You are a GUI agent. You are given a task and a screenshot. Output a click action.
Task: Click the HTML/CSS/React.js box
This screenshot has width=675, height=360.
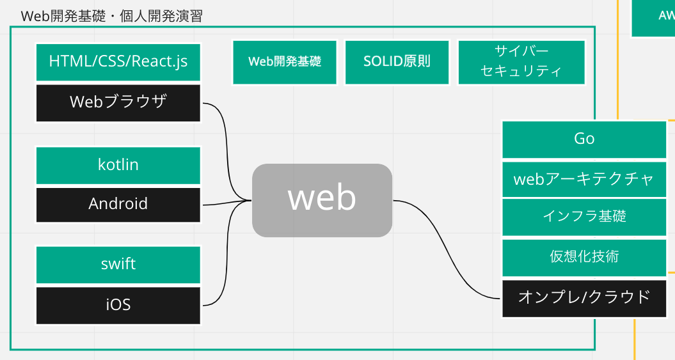[x=118, y=62]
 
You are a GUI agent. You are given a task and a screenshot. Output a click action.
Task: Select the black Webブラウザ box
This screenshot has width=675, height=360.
[x=118, y=103]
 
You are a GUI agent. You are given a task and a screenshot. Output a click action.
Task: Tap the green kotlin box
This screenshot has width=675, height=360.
[x=118, y=165]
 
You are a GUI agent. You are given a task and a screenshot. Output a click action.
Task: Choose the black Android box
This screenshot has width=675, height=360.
[x=118, y=205]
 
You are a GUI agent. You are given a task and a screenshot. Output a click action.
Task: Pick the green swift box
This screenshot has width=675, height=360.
[x=118, y=265]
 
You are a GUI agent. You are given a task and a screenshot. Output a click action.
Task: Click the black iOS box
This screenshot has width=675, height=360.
[x=118, y=306]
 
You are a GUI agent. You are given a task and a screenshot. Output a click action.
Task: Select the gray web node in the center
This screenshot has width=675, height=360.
[x=322, y=200]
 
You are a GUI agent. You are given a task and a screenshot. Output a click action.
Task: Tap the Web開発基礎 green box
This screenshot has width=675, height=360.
[x=285, y=63]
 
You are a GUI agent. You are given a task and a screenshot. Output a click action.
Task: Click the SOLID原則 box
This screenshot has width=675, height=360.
[x=397, y=63]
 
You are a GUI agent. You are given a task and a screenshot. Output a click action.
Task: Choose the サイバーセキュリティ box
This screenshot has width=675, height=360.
[x=521, y=63]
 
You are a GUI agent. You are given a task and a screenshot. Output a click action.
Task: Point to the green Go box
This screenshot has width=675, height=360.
[x=584, y=139]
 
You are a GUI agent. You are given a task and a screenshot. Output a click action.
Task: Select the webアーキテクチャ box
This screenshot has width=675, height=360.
[x=584, y=179]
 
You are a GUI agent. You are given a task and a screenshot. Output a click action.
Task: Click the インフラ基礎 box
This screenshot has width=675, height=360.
[x=584, y=217]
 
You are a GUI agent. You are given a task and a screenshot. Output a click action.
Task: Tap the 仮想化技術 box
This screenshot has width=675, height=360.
[x=584, y=258]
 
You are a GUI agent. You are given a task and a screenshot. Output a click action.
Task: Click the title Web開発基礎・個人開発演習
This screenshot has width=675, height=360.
[x=111, y=16]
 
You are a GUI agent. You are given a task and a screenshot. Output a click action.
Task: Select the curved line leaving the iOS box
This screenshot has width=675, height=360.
[x=227, y=254]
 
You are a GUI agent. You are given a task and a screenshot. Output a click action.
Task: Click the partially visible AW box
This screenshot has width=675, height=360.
[x=653, y=17]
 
